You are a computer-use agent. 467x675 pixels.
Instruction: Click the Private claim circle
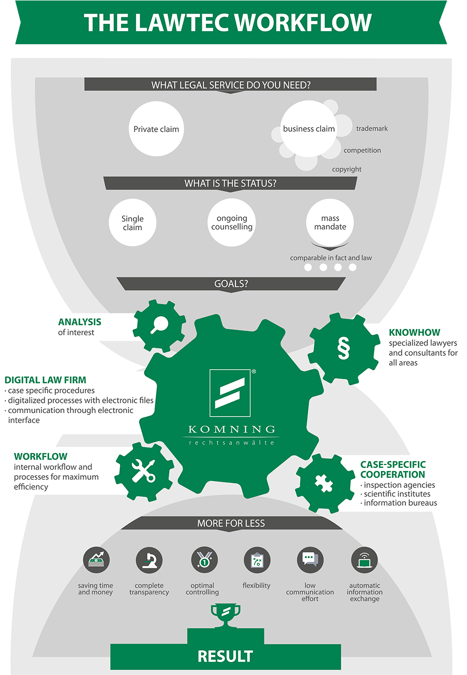coord(156,129)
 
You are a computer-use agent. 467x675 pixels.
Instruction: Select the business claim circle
coord(308,129)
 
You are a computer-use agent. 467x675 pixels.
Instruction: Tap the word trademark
coord(372,129)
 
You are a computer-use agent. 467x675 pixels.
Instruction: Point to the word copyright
coord(346,169)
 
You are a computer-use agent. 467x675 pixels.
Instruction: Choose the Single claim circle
coord(132,223)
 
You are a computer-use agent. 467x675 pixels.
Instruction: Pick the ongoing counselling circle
coord(232,223)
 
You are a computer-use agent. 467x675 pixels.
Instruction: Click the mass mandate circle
coord(330,223)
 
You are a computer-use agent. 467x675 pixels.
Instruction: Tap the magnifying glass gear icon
coord(159,325)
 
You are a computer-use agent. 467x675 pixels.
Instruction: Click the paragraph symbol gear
coord(343,348)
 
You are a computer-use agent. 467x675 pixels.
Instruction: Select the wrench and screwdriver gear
coord(144,470)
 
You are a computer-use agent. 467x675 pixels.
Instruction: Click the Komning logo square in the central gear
coord(230,393)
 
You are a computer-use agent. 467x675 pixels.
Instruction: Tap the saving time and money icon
coord(96,560)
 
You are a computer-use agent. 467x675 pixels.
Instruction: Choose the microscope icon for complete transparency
coord(149,560)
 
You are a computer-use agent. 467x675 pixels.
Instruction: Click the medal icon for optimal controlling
coord(204,560)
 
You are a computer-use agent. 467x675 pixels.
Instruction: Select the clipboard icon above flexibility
coord(257,560)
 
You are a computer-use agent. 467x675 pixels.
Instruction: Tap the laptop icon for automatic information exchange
coord(364,560)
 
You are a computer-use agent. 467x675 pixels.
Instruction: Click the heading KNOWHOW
coord(414,332)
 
